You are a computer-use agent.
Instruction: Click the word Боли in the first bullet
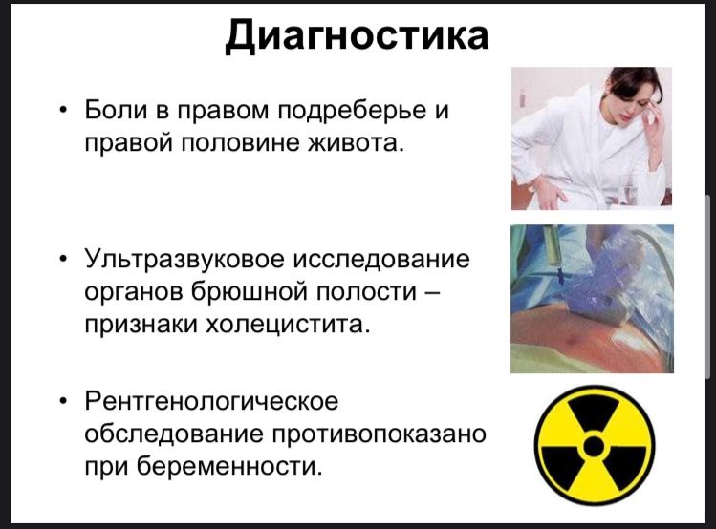116,110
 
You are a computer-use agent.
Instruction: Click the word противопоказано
379,434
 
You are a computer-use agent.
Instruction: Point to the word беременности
227,467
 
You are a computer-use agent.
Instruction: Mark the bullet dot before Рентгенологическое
63,402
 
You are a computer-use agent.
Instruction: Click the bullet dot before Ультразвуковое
63,260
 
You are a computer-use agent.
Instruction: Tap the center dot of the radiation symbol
594,446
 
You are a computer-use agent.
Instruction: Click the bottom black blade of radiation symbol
595,479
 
